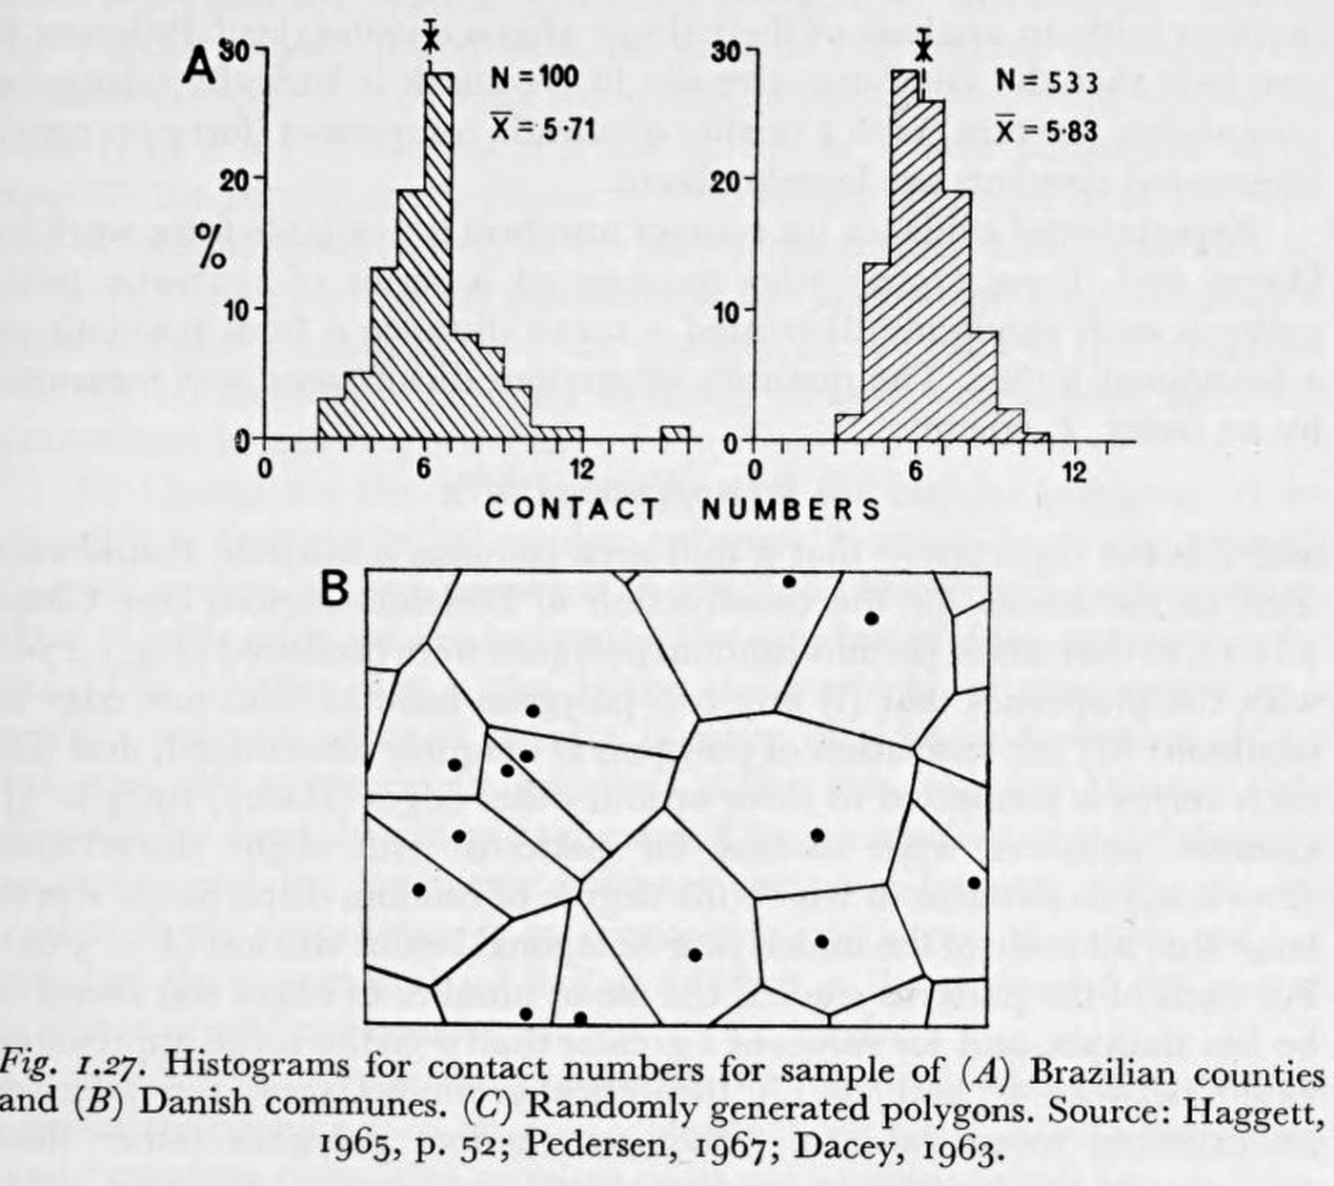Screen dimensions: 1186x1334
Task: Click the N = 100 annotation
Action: (x=535, y=77)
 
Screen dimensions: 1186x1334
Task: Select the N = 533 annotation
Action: (x=1046, y=82)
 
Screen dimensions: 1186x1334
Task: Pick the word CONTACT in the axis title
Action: (x=572, y=508)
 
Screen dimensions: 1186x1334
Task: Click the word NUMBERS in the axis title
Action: (x=791, y=508)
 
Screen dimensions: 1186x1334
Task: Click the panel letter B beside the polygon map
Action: (x=335, y=589)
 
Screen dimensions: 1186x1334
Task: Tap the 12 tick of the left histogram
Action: (x=581, y=469)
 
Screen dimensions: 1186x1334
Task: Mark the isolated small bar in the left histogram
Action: (x=675, y=434)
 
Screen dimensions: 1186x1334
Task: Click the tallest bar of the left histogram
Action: (x=439, y=257)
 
